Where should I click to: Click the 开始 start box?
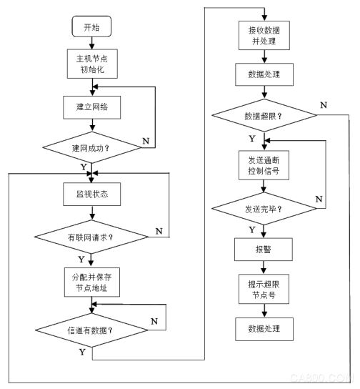91,26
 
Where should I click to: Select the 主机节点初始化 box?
92,64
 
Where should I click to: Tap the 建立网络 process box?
92,107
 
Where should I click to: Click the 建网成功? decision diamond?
91,147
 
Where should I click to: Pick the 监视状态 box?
92,194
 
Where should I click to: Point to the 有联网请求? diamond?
91,237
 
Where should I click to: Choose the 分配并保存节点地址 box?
92,282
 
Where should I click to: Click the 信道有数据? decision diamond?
91,330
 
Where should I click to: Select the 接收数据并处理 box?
264,36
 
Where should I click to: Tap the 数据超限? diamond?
264,115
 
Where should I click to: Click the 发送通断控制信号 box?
264,165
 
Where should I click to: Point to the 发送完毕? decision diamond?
264,208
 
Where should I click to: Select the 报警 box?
264,250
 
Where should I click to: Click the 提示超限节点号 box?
264,289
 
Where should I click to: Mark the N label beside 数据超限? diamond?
324,105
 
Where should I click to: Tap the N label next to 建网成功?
146,141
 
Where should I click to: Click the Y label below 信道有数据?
82,352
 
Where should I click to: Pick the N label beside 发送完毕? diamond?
319,199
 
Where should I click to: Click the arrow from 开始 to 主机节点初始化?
92,43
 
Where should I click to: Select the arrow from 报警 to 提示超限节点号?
264,267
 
